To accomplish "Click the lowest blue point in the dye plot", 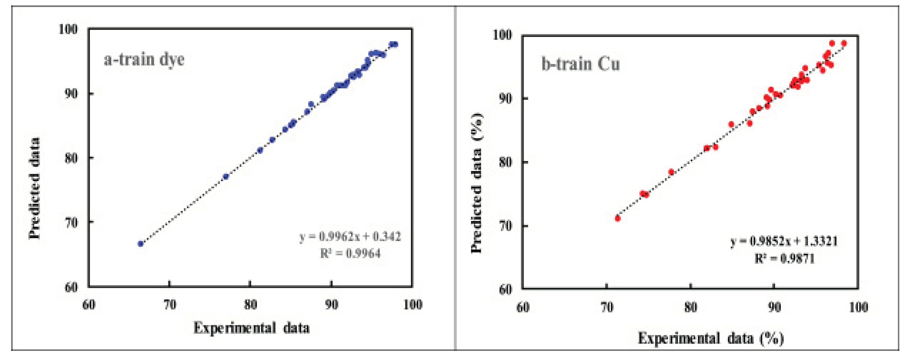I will click(x=140, y=244).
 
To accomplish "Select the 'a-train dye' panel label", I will click(x=144, y=59).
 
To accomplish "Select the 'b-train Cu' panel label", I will click(x=580, y=64).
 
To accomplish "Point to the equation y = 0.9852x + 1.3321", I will click(x=784, y=241).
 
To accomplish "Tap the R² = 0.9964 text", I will click(x=350, y=253).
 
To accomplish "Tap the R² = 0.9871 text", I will click(x=785, y=259).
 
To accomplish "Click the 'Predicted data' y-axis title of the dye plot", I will click(x=35, y=188).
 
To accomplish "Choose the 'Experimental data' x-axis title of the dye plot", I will click(x=251, y=328).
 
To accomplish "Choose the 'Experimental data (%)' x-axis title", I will click(x=710, y=339).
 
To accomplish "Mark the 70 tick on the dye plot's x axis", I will click(x=170, y=305).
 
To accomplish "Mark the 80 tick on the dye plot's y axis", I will click(x=71, y=158).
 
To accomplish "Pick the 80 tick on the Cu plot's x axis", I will click(x=690, y=307).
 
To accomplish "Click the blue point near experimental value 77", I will click(x=226, y=176).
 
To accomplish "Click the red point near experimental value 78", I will click(x=671, y=172).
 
